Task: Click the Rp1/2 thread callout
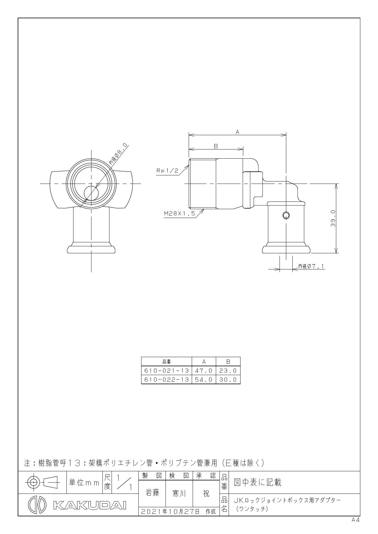pos(167,171)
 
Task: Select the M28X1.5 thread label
pos(180,213)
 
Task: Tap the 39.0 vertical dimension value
pos(333,218)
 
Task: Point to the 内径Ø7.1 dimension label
pos(312,266)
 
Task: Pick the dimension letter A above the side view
pos(237,132)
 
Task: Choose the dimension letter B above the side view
pos(216,146)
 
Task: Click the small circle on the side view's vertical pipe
pos(286,216)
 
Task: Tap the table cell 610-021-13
pos(166,371)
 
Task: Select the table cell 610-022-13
pos(166,379)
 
